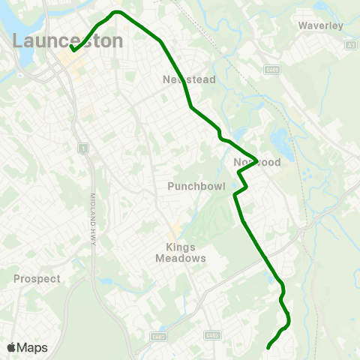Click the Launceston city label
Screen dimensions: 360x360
tap(67, 40)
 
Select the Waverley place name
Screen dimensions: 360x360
tap(320, 25)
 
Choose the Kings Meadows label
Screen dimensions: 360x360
tap(180, 252)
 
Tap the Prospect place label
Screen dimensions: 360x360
tap(37, 278)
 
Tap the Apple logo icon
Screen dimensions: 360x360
tap(11, 347)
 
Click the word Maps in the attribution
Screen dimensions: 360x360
tap(33, 347)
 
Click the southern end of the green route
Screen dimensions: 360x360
tap(268, 347)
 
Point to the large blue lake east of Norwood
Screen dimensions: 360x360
tap(281, 139)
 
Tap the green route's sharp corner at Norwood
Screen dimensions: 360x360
tap(257, 160)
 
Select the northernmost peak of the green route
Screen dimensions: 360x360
tap(117, 12)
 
